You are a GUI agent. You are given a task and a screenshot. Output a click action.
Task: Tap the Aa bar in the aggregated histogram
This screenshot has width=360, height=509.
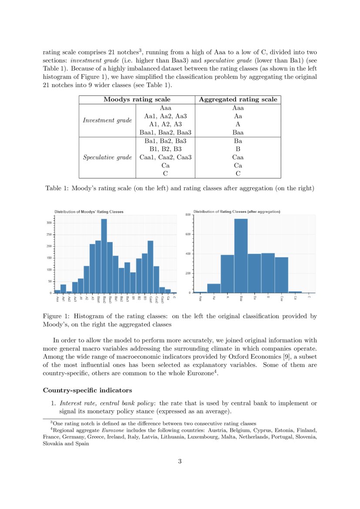pyautogui.click(x=214, y=288)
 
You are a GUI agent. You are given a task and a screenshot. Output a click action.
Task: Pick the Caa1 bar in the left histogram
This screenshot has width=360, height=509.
pyautogui.click(x=151, y=266)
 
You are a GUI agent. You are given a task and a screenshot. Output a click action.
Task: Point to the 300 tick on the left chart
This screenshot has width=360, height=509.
pyautogui.click(x=49, y=223)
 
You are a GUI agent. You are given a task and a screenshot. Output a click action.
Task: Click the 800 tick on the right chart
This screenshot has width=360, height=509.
pyautogui.click(x=188, y=215)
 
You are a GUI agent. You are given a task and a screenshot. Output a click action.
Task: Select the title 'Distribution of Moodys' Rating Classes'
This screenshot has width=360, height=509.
pyautogui.click(x=89, y=212)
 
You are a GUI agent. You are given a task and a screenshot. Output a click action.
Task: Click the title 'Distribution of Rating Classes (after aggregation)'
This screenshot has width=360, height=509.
pyautogui.click(x=237, y=212)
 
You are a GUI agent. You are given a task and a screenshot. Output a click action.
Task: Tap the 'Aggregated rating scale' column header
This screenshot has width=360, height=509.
pyautogui.click(x=238, y=100)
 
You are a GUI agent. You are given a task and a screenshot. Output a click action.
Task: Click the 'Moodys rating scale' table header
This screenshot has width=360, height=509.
pyautogui.click(x=137, y=100)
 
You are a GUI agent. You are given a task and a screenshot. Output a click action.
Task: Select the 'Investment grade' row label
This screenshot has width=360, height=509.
pyautogui.click(x=107, y=120)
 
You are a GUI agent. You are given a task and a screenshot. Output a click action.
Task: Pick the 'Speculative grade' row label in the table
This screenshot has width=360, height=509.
pyautogui.click(x=107, y=157)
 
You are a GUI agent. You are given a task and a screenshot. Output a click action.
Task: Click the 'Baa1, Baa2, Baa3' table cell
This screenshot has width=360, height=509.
pyautogui.click(x=165, y=132)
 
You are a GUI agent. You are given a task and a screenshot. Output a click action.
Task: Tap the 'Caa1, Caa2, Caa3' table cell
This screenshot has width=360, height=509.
pyautogui.click(x=165, y=157)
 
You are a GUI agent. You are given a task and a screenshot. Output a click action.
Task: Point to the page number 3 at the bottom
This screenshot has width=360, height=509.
pyautogui.click(x=180, y=462)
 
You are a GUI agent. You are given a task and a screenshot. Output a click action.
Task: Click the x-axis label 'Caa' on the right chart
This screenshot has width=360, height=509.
pyautogui.click(x=282, y=298)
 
